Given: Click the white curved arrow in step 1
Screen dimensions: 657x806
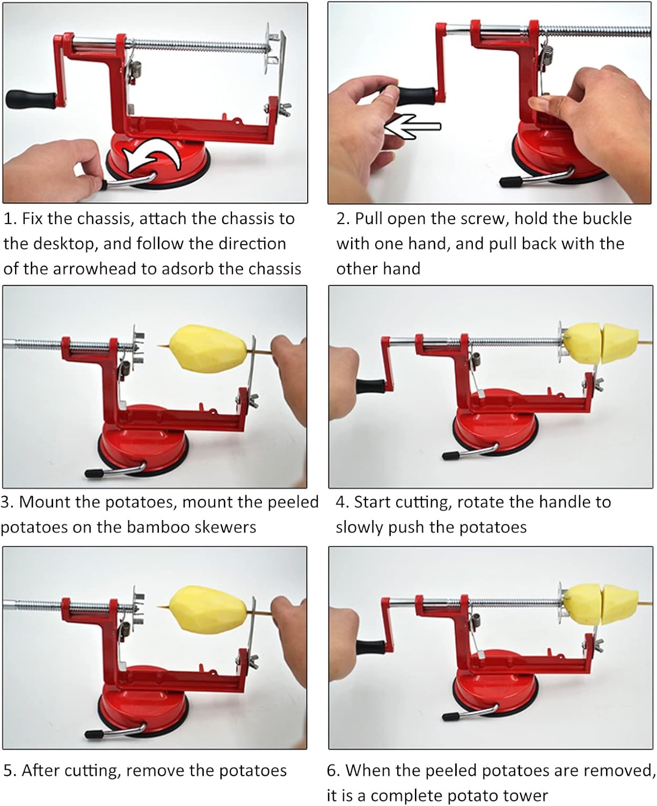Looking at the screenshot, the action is tap(152, 155).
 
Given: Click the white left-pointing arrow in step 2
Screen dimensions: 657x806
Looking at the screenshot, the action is tap(412, 126).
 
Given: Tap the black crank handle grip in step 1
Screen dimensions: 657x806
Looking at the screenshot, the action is tap(31, 100).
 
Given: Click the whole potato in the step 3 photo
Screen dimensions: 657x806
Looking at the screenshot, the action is tap(208, 349).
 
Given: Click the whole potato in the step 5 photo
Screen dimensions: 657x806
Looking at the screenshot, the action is tap(208, 610).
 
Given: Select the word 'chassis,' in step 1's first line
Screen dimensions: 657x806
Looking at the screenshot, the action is tap(101, 219).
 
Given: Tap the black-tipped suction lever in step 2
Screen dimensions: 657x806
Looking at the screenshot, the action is tap(535, 178).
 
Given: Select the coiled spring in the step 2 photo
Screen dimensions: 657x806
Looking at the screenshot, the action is tap(547, 56).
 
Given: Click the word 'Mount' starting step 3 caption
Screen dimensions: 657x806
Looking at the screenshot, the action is tap(43, 502).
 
